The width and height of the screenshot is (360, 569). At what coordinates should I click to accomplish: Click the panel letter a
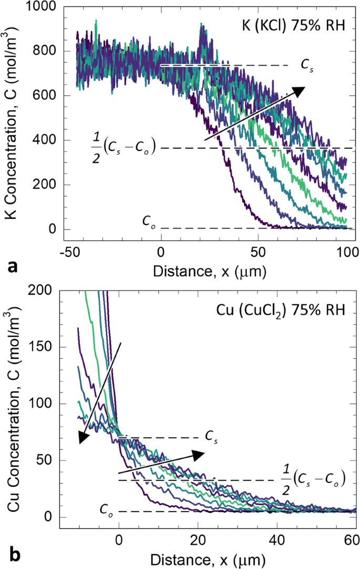coord(11,266)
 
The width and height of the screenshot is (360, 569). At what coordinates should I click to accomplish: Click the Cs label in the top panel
coord(305,65)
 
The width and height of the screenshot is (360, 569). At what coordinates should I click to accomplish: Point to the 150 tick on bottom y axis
coord(50,347)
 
